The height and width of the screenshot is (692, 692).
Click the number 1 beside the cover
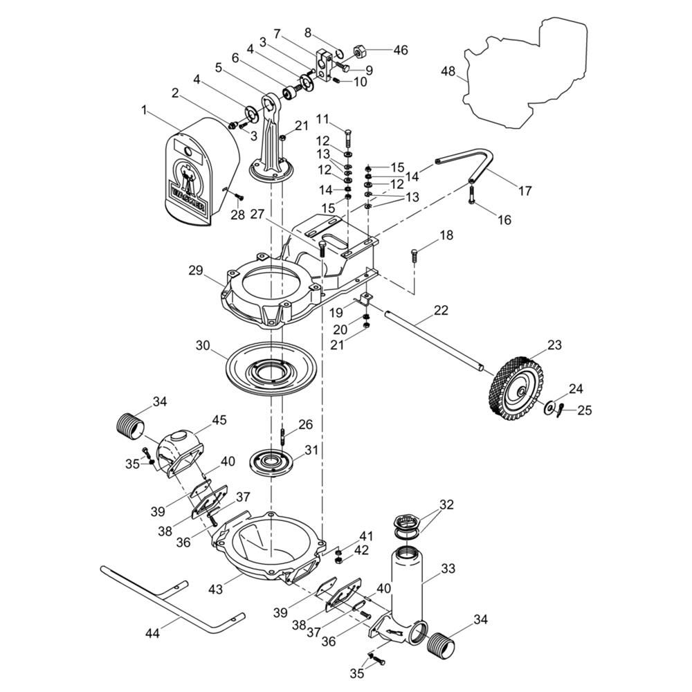click(x=144, y=109)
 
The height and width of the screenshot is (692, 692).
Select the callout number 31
click(x=311, y=449)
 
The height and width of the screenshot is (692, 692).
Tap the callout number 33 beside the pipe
click(x=448, y=570)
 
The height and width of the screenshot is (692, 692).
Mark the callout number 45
click(x=219, y=419)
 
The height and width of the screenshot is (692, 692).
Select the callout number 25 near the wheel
click(x=585, y=410)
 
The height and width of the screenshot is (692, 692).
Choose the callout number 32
click(x=446, y=504)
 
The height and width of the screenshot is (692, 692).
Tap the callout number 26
click(x=306, y=424)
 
